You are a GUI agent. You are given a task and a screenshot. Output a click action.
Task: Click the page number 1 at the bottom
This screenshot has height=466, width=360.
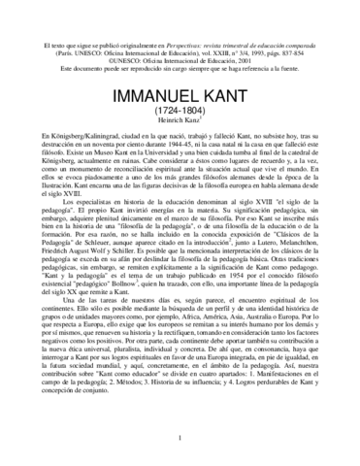(180, 438)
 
